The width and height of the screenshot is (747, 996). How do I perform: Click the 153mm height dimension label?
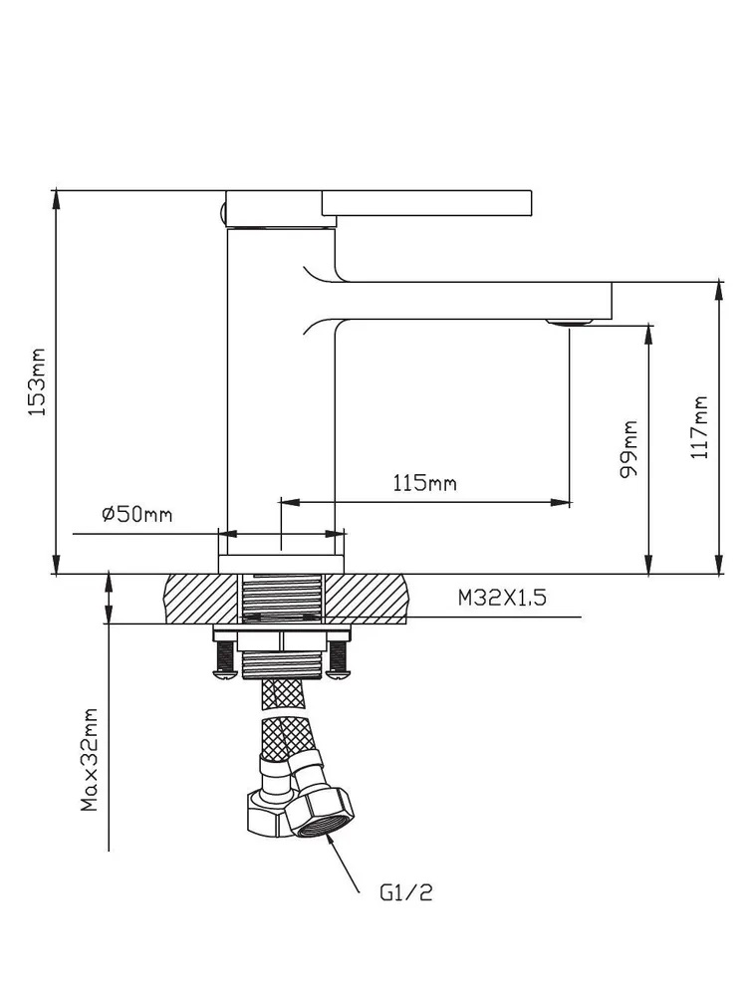pos(38,381)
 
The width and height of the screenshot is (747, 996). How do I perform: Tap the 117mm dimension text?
pos(699,427)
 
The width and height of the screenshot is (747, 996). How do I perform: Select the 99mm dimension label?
pos(627,450)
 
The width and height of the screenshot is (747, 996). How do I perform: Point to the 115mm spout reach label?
pos(424,483)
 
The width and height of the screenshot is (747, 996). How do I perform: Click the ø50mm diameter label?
pos(137,513)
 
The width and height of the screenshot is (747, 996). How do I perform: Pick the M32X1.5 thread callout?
pos(502,598)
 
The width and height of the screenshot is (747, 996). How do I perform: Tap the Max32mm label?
pos(90,760)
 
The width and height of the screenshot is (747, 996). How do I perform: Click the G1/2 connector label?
pos(406,892)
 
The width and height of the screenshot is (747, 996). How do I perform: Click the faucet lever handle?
pos(426,202)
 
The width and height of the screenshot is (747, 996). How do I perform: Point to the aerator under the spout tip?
pos(569,322)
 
